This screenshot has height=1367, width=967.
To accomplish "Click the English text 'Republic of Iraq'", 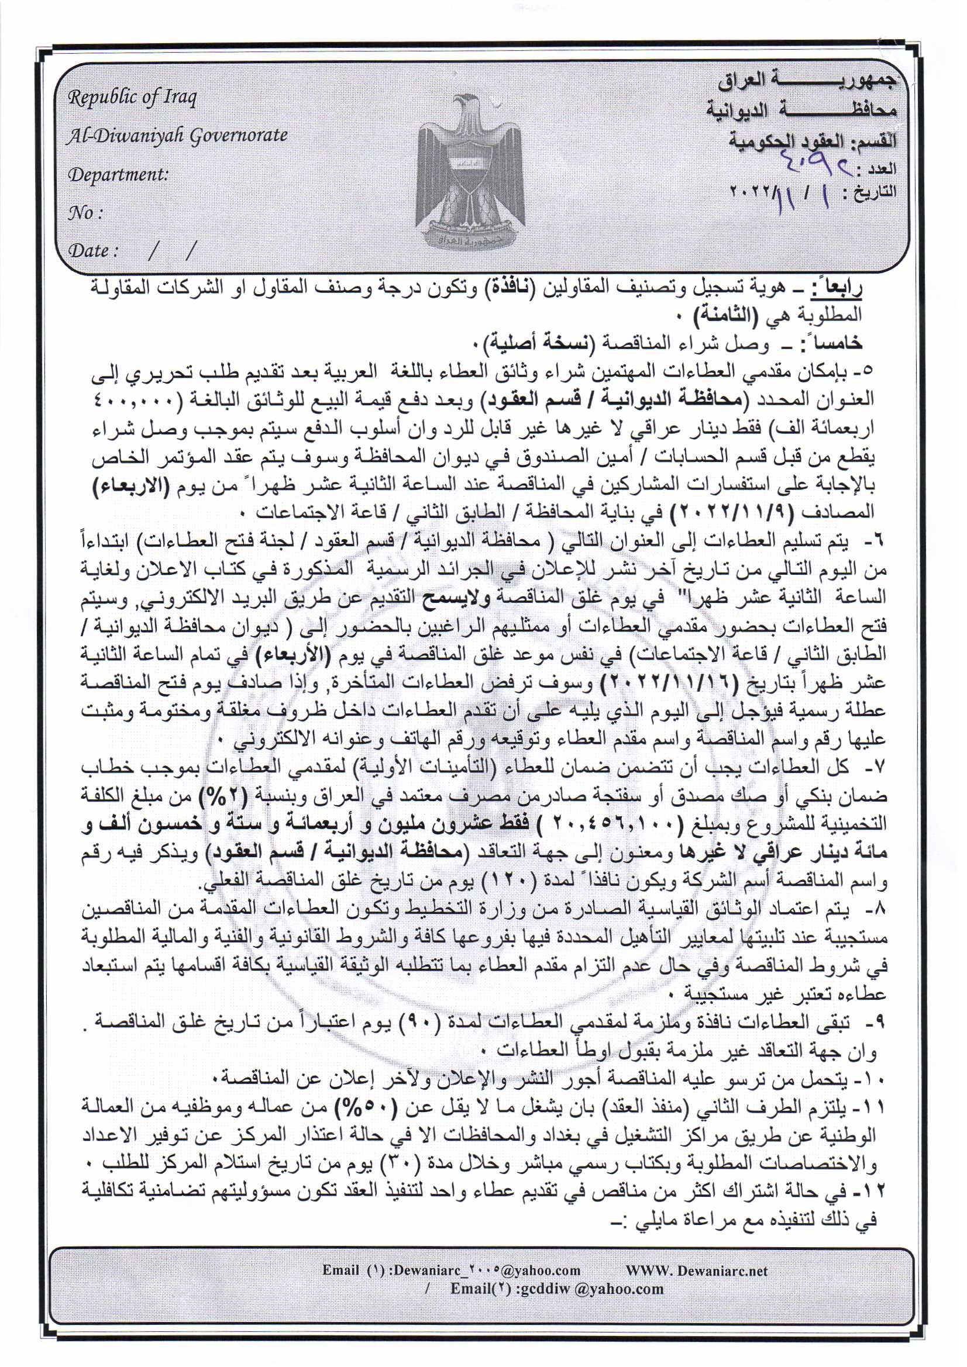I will point(132,98).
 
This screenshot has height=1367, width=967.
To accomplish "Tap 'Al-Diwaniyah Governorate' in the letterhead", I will point(177,136).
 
